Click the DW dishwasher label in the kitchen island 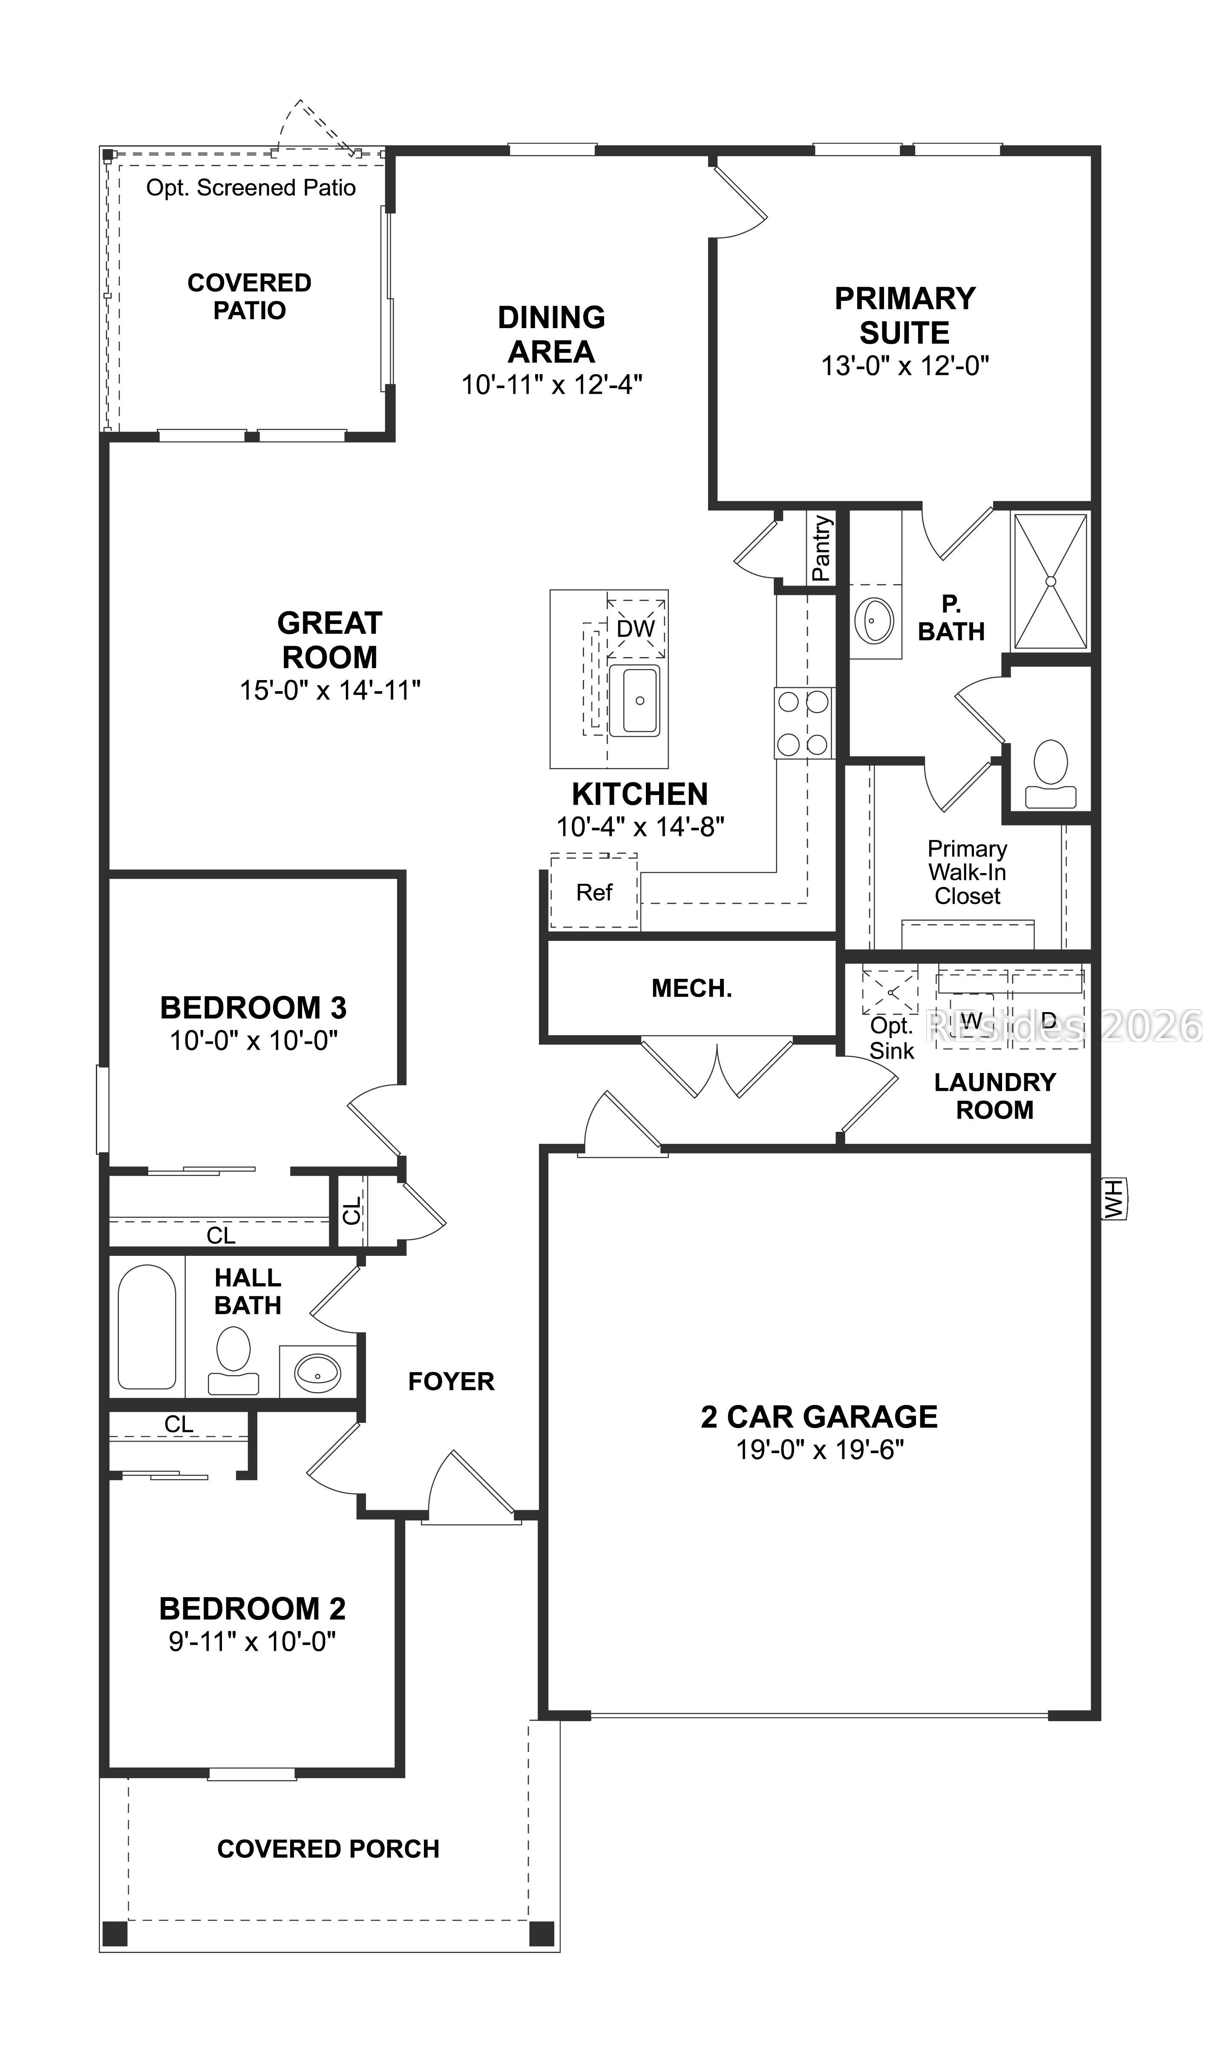[x=635, y=629]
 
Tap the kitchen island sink [x=635, y=701]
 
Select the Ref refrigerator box [x=593, y=892]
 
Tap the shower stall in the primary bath [x=1050, y=581]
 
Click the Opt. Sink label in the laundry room [x=891, y=1038]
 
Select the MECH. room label [x=691, y=988]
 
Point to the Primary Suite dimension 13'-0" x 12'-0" [x=904, y=366]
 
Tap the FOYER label [x=452, y=1381]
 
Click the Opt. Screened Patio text [x=251, y=188]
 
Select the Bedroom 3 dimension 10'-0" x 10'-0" [x=254, y=1040]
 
